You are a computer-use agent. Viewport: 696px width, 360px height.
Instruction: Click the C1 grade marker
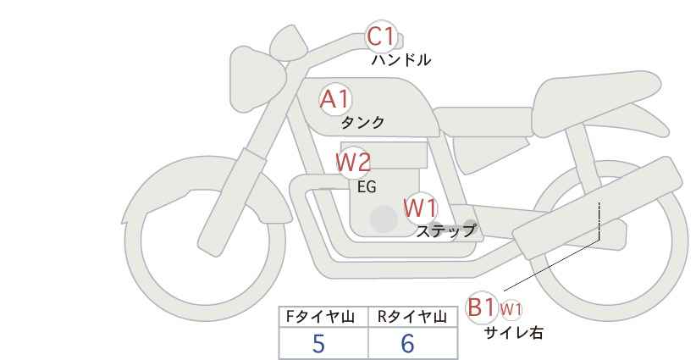[x=381, y=37]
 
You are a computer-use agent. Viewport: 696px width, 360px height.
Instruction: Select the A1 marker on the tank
[x=334, y=99]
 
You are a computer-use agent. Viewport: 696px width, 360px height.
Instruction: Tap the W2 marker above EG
[x=353, y=162]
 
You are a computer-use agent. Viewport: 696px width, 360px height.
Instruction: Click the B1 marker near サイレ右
[x=482, y=307]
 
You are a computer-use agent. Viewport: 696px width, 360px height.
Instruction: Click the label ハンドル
[x=401, y=60]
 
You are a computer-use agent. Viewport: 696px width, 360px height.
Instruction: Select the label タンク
[x=362, y=123]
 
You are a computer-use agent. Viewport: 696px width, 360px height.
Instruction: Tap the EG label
[x=367, y=187]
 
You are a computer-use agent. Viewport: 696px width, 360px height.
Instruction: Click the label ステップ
[x=446, y=230]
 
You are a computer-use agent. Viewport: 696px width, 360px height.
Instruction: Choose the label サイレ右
[x=514, y=333]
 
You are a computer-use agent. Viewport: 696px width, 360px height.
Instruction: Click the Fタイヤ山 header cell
[x=323, y=318]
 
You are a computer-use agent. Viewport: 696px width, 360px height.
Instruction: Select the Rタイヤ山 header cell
[x=412, y=318]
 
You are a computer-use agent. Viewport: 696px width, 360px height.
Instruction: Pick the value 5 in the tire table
[x=318, y=344]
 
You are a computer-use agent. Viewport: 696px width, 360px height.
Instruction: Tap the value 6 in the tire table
[x=407, y=344]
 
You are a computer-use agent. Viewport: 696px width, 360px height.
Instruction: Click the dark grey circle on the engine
[x=384, y=219]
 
